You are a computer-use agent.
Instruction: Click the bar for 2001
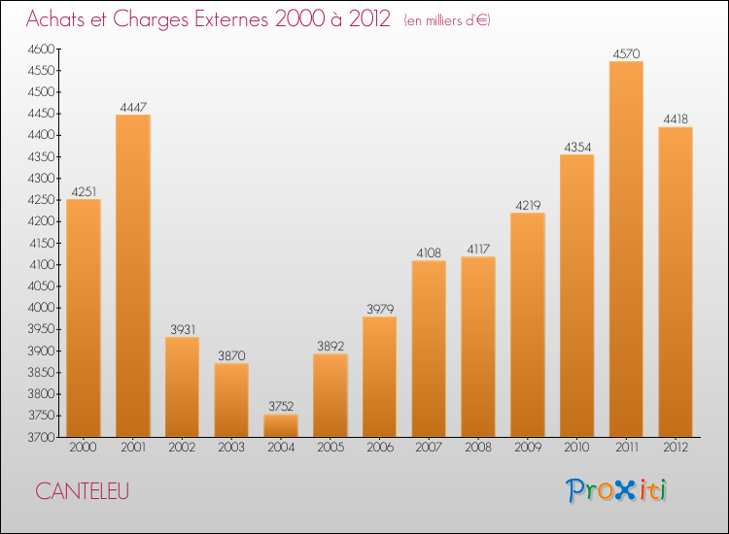(x=133, y=276)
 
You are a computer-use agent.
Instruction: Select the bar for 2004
(x=281, y=425)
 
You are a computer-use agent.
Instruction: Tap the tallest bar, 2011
(x=626, y=250)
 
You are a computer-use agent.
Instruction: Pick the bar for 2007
(x=429, y=349)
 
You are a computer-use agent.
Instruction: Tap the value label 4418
(x=676, y=119)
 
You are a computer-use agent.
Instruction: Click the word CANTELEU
(x=83, y=492)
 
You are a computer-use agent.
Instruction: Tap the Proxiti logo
(x=617, y=490)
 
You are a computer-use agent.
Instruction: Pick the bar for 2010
(x=576, y=295)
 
